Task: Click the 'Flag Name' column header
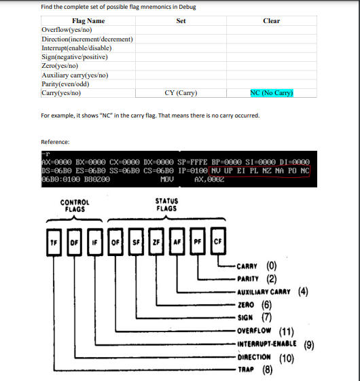(88, 21)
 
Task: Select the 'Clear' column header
(271, 21)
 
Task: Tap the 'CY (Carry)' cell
(181, 92)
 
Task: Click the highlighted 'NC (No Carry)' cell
(271, 92)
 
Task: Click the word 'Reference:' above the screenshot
(56, 142)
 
